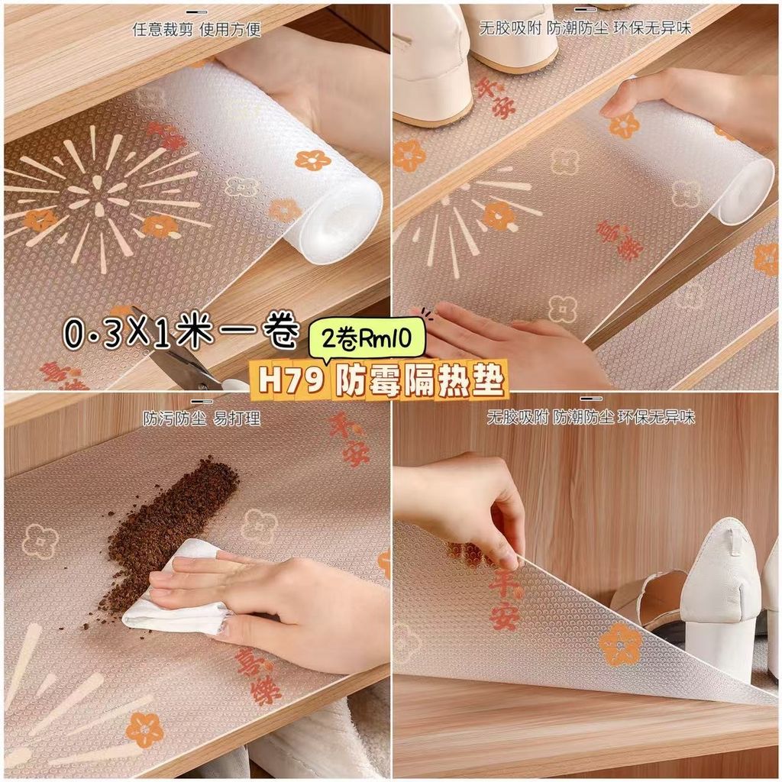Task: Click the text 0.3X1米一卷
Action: click(183, 332)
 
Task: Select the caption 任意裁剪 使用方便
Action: click(196, 30)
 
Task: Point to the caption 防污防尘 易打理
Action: click(202, 418)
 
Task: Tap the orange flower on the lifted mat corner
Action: click(619, 644)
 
